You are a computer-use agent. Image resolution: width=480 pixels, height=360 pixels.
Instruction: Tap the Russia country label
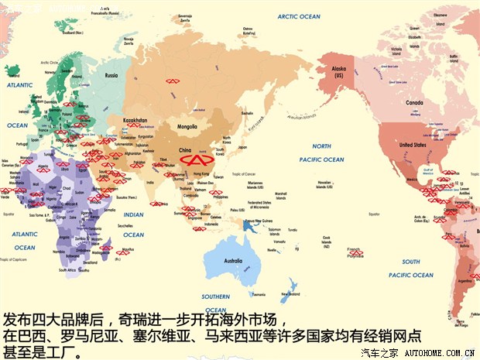(111, 75)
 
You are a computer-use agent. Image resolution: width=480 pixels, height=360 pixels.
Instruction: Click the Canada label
(418, 102)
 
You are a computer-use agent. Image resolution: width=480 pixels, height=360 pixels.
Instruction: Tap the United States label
(413, 145)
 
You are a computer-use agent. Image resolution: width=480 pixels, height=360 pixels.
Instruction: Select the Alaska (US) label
(338, 70)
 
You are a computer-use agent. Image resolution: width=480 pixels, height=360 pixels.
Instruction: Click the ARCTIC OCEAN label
(298, 16)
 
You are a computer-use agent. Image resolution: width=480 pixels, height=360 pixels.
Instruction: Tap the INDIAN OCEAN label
(133, 225)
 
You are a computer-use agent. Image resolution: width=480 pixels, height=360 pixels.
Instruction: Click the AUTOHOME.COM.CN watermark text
(438, 353)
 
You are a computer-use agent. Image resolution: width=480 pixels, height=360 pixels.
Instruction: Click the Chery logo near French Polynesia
(355, 252)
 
